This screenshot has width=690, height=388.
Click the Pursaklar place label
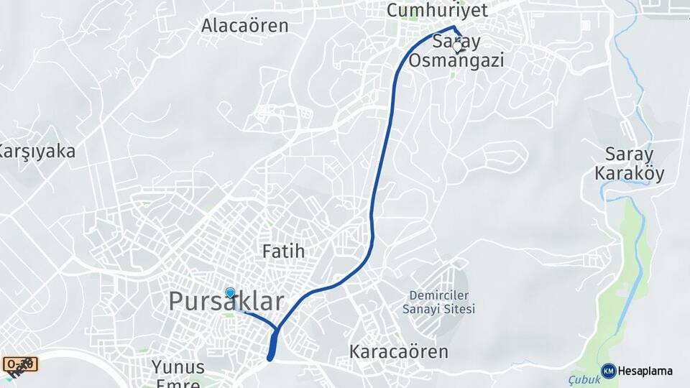226,302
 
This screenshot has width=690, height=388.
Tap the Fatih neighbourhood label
283,251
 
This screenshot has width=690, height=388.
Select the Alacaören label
244,26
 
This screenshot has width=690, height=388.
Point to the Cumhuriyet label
437,10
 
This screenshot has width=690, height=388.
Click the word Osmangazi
456,60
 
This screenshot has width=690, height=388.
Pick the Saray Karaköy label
630,164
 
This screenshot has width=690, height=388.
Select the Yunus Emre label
178,374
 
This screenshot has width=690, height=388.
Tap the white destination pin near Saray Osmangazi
458,47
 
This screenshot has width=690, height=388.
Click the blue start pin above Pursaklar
230,292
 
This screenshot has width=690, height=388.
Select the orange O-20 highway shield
20,364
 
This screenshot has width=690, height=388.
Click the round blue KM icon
608,371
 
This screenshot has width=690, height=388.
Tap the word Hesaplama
645,371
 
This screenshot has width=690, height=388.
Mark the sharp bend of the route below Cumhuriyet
454,28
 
